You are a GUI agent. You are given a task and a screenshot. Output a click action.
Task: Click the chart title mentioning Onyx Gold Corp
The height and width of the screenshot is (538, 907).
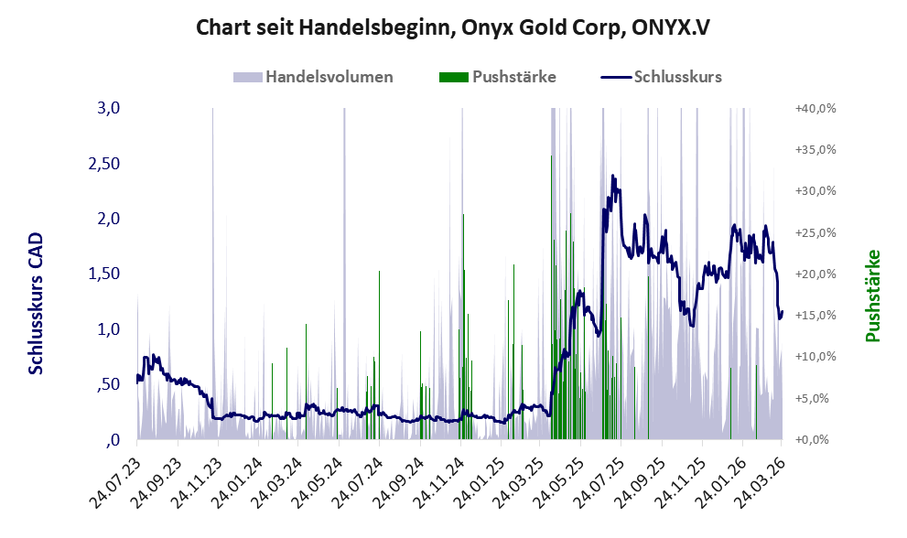[x=452, y=27]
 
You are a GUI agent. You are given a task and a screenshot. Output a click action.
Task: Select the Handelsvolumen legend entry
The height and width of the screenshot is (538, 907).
[x=313, y=77]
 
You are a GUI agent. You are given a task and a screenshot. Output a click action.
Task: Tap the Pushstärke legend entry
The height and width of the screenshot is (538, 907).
[x=498, y=77]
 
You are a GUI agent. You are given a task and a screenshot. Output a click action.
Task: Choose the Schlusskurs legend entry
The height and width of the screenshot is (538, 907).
[x=661, y=77]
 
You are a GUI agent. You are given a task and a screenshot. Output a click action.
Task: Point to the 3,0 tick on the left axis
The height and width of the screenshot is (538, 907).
[x=109, y=108]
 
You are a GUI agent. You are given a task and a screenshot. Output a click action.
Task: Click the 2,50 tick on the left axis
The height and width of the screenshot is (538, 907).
[x=104, y=164]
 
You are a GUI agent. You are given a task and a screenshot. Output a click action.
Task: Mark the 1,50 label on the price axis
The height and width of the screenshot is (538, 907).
[x=104, y=274]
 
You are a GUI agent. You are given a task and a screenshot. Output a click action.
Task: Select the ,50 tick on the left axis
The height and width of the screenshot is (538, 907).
[x=109, y=384]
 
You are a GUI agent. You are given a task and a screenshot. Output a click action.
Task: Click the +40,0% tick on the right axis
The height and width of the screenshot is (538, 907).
[x=815, y=108]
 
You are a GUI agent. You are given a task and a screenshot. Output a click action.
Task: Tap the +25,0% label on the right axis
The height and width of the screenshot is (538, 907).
[x=815, y=232]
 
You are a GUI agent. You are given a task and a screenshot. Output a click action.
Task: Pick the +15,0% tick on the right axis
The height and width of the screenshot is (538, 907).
[x=815, y=316]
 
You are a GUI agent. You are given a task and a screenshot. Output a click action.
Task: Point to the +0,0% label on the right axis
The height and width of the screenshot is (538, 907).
[x=812, y=440]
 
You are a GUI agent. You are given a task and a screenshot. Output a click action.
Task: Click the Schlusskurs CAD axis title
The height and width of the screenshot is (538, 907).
[x=36, y=304]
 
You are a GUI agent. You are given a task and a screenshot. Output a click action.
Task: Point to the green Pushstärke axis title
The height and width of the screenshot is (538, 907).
[x=872, y=296]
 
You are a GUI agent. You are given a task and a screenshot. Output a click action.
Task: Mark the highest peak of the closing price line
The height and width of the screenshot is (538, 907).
[x=612, y=176]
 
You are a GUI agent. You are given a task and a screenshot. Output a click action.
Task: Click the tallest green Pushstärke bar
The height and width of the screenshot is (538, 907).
[x=551, y=297]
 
